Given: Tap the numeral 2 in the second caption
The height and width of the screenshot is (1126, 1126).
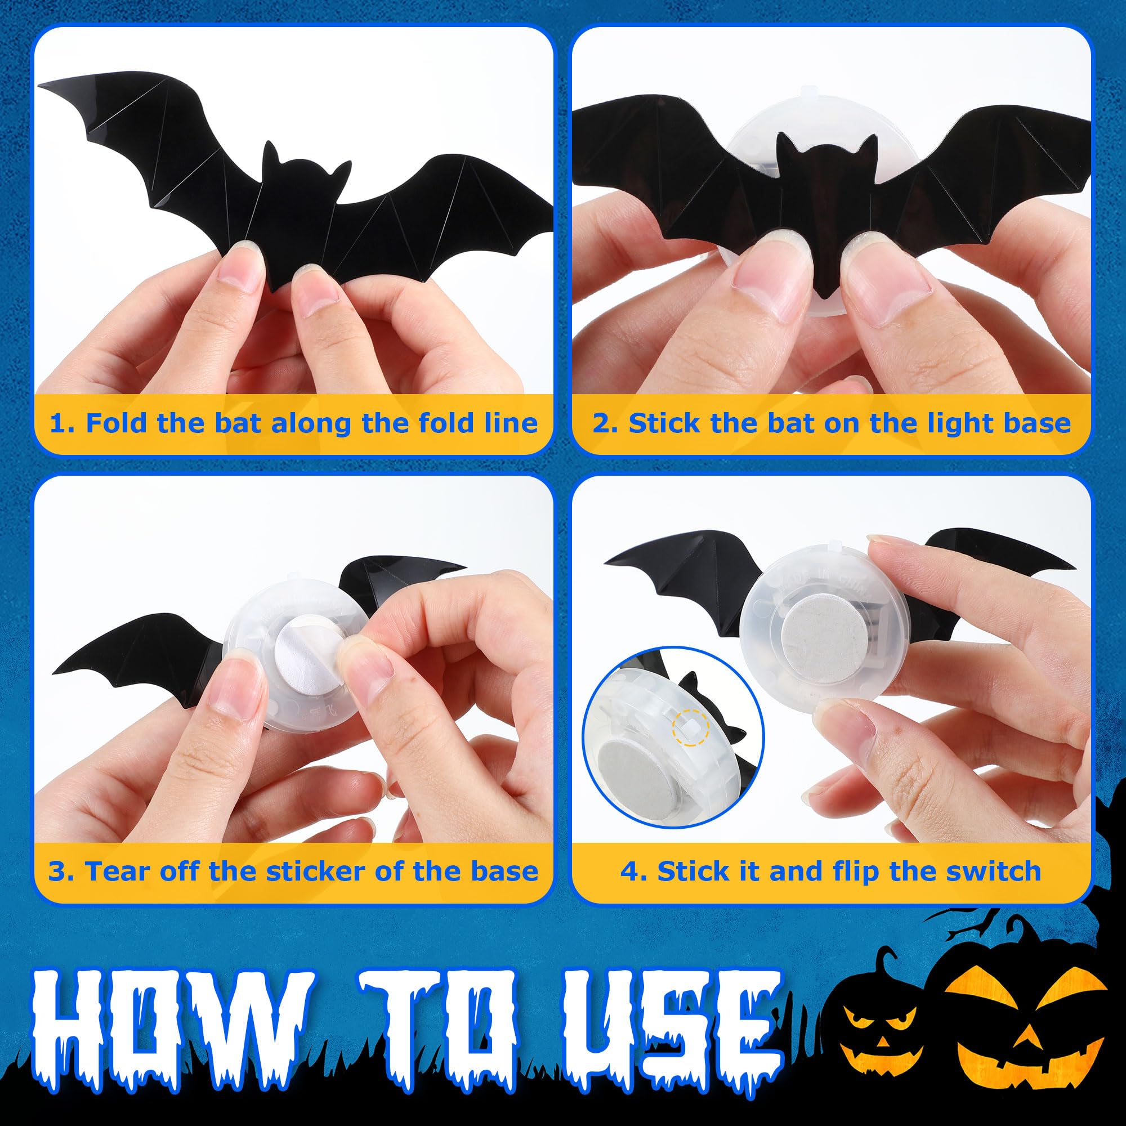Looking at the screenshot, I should click(600, 423).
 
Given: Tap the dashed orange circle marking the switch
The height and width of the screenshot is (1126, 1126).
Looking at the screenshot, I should click(690, 728).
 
